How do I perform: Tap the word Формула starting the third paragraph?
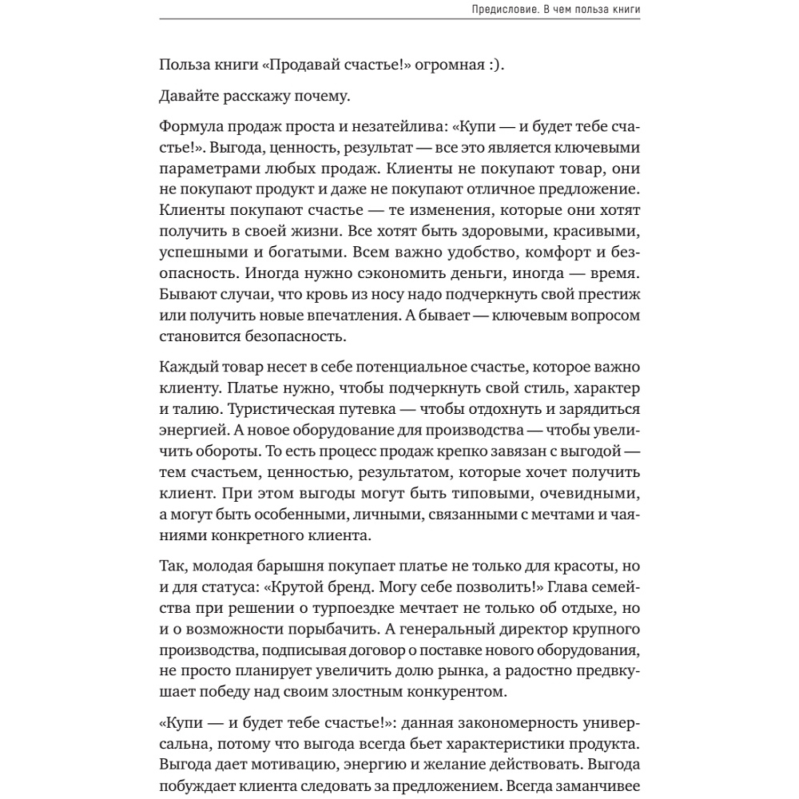coord(191,128)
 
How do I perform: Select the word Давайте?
coord(192,97)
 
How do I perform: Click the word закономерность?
coord(496,723)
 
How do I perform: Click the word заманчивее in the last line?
coord(601,785)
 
